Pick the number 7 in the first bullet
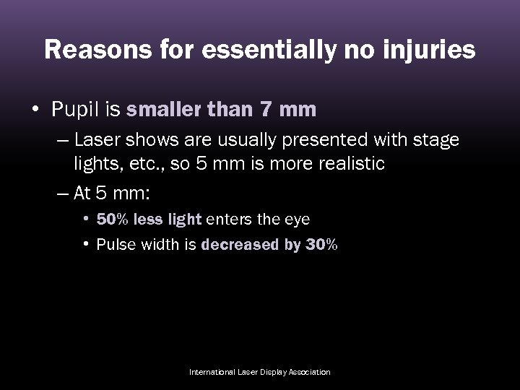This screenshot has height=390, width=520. (x=266, y=110)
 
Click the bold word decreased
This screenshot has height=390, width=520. (x=238, y=244)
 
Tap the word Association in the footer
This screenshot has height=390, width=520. (x=306, y=372)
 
